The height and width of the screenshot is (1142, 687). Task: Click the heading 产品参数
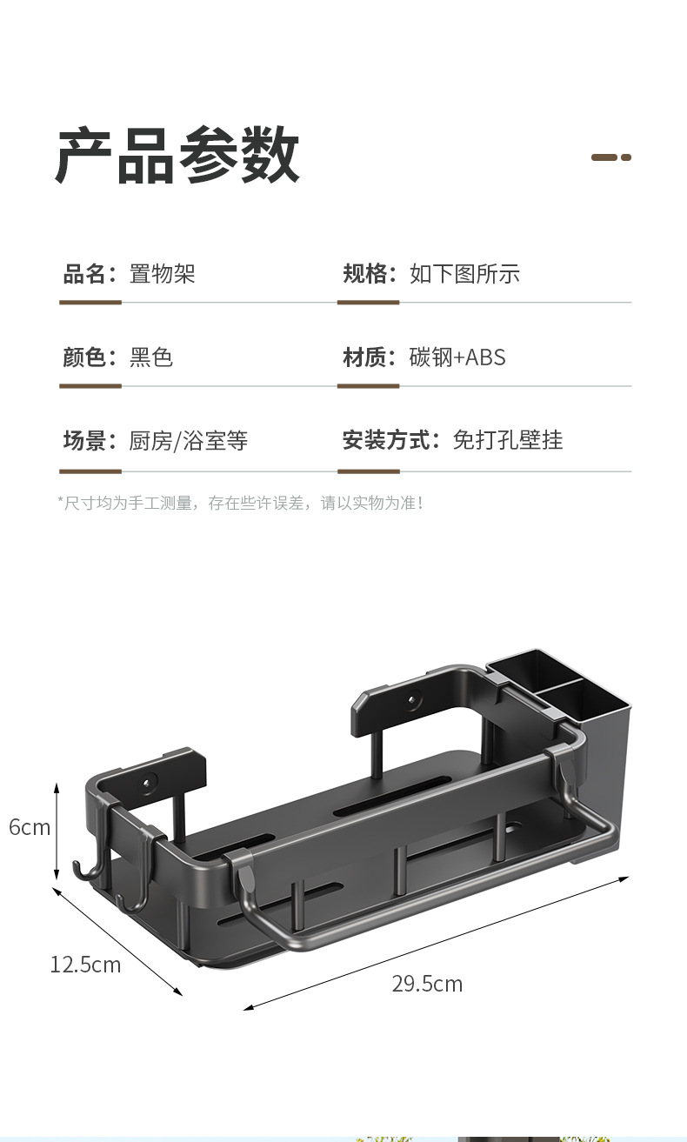tap(178, 156)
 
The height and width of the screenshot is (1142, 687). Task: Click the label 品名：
tap(90, 274)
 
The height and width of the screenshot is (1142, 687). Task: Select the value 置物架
tap(163, 274)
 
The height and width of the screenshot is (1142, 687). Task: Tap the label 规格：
tap(370, 274)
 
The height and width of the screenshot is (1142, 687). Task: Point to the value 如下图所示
tap(464, 274)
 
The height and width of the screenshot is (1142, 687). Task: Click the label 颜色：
tap(90, 357)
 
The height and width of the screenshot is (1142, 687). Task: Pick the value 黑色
tap(151, 357)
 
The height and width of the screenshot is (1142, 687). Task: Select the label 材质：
tap(370, 357)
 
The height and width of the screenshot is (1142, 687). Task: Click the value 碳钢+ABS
tap(457, 357)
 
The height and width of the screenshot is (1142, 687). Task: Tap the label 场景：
tap(90, 440)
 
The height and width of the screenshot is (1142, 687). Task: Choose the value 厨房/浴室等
tap(189, 440)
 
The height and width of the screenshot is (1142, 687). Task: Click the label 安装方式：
tap(391, 440)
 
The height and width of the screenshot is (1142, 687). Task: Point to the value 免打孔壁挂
tap(508, 440)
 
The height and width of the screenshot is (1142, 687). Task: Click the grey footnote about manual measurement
tap(240, 503)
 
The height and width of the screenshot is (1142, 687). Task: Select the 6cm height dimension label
tap(30, 827)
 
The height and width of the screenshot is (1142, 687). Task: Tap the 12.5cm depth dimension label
tap(85, 965)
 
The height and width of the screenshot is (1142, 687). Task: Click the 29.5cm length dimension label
tap(427, 984)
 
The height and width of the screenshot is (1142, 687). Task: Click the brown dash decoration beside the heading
tap(610, 157)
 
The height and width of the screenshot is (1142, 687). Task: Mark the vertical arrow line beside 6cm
tap(57, 831)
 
